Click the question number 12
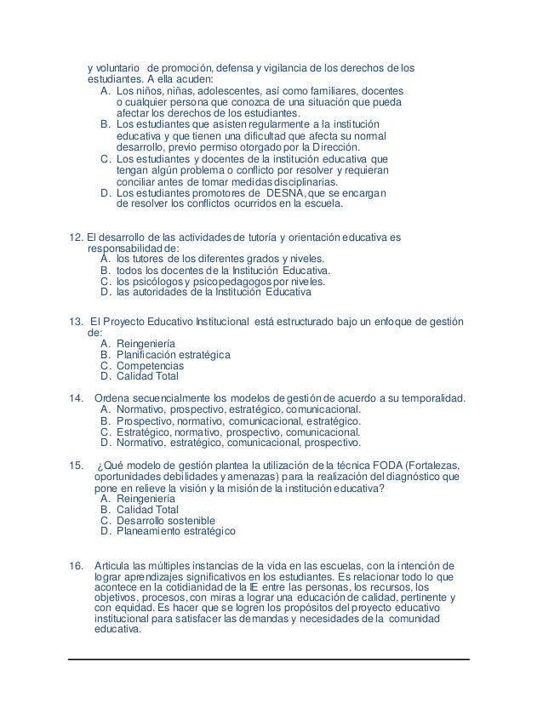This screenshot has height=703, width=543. click(x=76, y=237)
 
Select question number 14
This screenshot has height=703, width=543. click(x=74, y=398)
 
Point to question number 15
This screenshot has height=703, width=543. click(x=75, y=465)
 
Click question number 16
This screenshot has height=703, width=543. click(x=75, y=564)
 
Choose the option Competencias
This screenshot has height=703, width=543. click(x=150, y=365)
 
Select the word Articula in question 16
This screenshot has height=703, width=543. click(x=112, y=564)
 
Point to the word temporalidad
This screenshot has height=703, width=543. click(x=430, y=398)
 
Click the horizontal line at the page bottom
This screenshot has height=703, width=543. click(x=270, y=659)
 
